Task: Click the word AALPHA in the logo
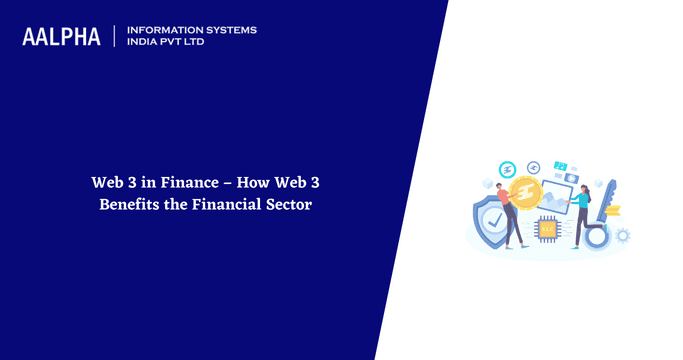(x=61, y=37)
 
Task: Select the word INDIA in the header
(x=143, y=43)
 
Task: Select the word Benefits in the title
(x=129, y=205)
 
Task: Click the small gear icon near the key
(x=624, y=235)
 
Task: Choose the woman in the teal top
(x=579, y=213)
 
